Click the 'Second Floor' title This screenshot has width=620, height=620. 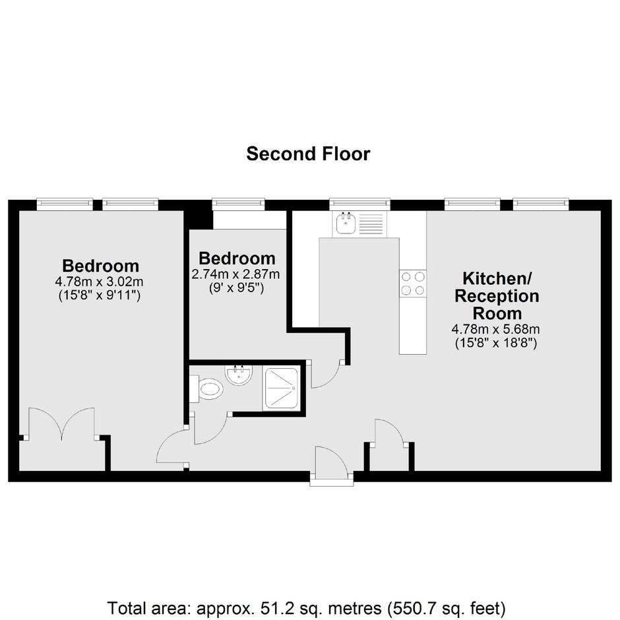(x=308, y=154)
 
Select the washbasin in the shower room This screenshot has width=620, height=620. (x=238, y=375)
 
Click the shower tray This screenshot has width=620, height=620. (x=282, y=388)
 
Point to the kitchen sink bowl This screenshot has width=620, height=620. (x=346, y=224)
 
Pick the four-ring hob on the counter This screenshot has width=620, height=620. (x=413, y=284)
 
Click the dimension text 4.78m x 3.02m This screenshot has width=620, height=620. (x=99, y=282)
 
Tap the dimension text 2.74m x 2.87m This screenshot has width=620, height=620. (x=236, y=274)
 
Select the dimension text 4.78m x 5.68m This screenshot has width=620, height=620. (x=496, y=329)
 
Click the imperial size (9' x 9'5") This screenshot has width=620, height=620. (x=236, y=288)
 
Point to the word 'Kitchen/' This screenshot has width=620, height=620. (x=497, y=279)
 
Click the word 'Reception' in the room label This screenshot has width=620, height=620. (x=497, y=296)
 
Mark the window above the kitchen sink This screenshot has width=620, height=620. (x=360, y=204)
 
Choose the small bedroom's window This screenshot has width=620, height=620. (x=238, y=204)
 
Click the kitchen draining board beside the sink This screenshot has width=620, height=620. (x=371, y=224)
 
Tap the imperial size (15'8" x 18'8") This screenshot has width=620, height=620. (x=496, y=342)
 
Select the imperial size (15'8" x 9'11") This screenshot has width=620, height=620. (x=100, y=295)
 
